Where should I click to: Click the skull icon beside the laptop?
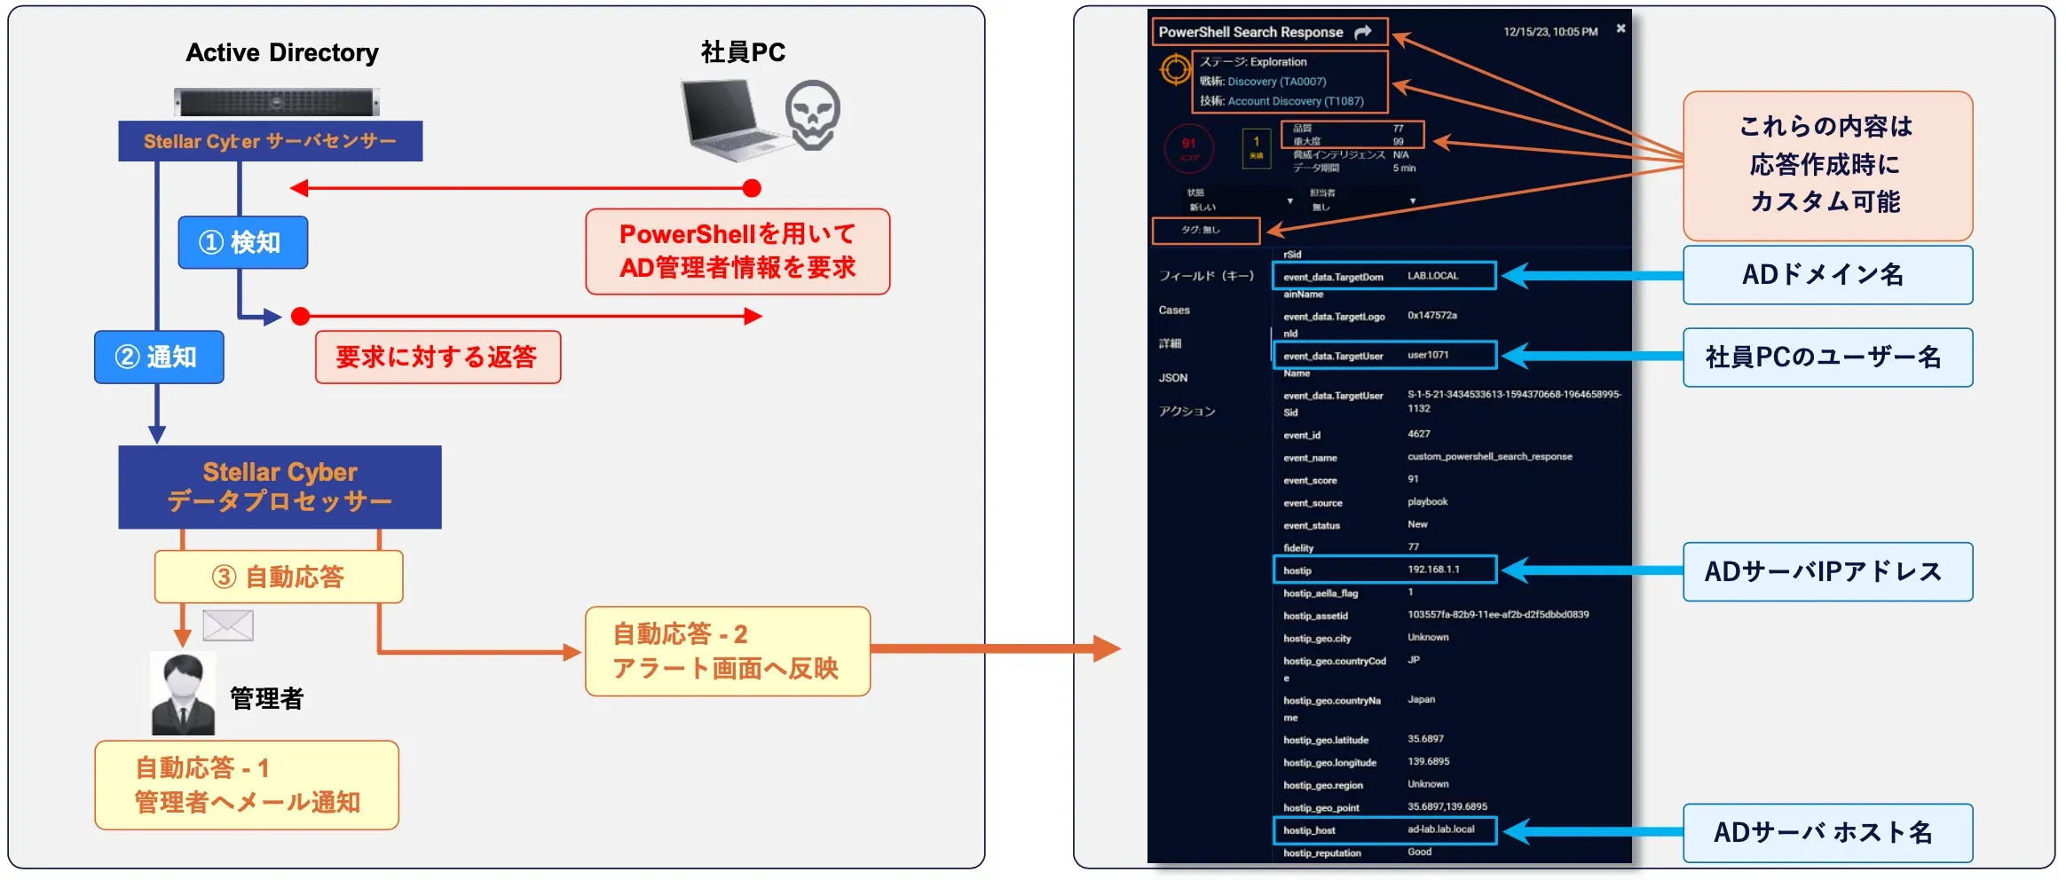(812, 114)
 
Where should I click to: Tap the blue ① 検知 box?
(242, 242)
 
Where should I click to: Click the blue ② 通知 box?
(159, 357)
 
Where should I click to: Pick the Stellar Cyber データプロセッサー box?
(280, 487)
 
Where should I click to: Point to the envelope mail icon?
(228, 625)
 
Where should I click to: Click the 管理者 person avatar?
(183, 694)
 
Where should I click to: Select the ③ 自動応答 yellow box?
(279, 577)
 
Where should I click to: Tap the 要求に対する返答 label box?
(438, 357)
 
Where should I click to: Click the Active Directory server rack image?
(276, 102)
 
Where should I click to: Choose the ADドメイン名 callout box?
(1826, 275)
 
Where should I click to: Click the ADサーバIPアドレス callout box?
(1826, 571)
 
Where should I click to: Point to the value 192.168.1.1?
(1433, 570)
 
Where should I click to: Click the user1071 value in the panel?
(1428, 355)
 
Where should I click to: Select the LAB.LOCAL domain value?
(1432, 276)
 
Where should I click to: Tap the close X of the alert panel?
(1620, 28)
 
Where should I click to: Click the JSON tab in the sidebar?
(1172, 378)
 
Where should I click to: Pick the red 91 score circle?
(1188, 148)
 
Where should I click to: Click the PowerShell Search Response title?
(1250, 32)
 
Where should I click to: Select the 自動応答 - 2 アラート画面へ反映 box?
(727, 651)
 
